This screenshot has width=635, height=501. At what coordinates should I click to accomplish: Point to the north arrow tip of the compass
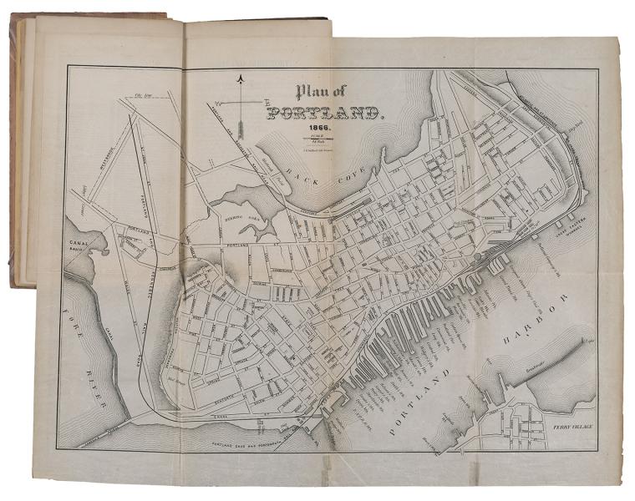240,78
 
